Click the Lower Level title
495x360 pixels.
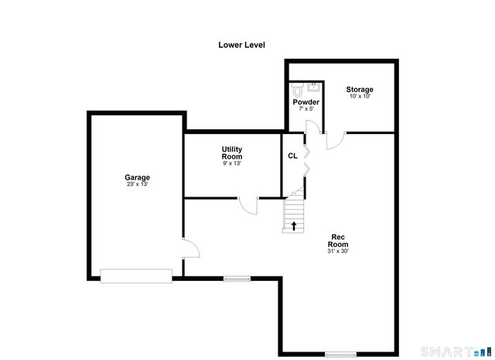[x=241, y=45]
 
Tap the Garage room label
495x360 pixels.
[x=137, y=177]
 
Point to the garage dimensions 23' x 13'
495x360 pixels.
[x=137, y=184]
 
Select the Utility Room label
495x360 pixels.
[x=232, y=153]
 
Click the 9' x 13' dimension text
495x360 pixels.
[x=232, y=163]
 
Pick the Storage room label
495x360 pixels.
[x=360, y=90]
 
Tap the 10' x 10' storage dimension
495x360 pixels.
[x=360, y=97]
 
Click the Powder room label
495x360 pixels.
[x=306, y=102]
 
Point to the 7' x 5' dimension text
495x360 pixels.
[x=306, y=109]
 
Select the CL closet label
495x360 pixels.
[x=292, y=156]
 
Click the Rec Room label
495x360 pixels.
[x=338, y=240]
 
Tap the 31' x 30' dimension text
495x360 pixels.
[x=338, y=251]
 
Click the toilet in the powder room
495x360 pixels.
[x=296, y=89]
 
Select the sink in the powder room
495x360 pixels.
[x=313, y=87]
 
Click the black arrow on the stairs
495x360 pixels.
[x=294, y=226]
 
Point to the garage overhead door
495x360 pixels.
[x=136, y=275]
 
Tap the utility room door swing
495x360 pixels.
[x=247, y=206]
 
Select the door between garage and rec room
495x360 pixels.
[x=190, y=249]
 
